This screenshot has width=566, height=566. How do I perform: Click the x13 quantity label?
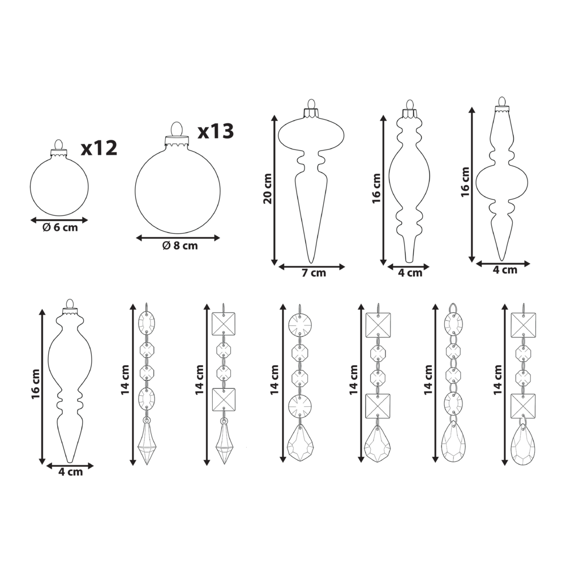(x=216, y=131)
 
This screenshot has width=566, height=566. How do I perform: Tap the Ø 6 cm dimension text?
(x=61, y=228)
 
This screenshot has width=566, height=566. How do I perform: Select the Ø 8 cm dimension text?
(x=180, y=246)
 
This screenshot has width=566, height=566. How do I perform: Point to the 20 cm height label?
(x=268, y=189)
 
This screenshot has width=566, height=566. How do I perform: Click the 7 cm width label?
(x=314, y=273)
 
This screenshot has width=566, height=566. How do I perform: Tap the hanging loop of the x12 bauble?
(x=59, y=144)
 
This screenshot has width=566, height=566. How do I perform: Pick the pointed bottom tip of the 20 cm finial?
(x=310, y=263)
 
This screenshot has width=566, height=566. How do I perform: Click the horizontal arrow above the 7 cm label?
(x=312, y=267)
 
